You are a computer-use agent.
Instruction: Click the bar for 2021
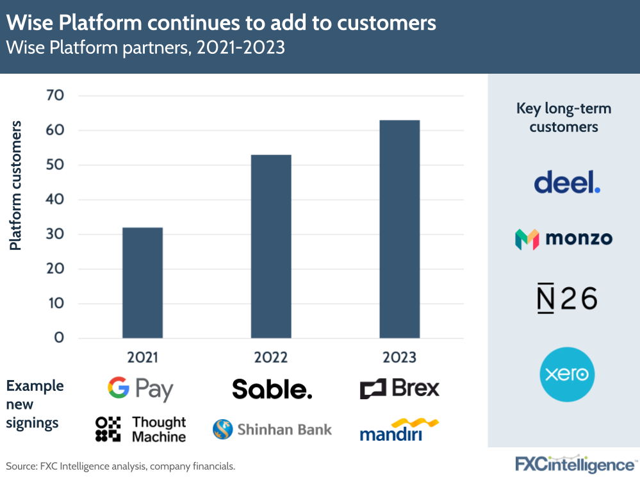point(142,282)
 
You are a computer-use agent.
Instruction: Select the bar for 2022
point(271,246)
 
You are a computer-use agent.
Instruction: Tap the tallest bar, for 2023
point(400,229)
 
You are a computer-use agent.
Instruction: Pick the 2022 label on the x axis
point(271,357)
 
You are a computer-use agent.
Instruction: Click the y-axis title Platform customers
point(15,185)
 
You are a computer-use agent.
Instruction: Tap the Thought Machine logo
point(140,429)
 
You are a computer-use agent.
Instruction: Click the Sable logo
point(272,389)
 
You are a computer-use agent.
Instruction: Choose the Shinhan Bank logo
point(272,429)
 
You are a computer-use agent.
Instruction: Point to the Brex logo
point(400,388)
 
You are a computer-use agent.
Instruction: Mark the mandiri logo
point(398,430)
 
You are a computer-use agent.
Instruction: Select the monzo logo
point(564,239)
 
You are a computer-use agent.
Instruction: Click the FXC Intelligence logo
point(575,464)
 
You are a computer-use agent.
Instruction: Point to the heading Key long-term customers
point(564,118)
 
